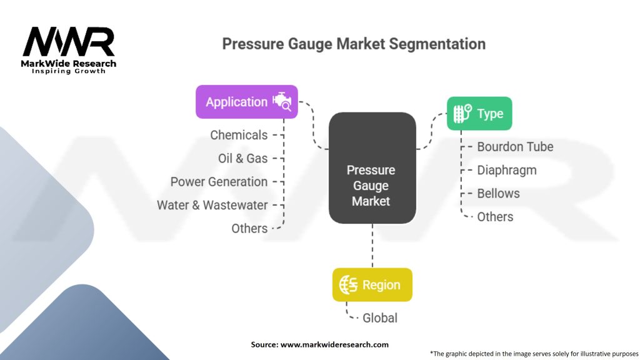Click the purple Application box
point(246,102)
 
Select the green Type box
point(479,114)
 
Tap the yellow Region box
point(372,285)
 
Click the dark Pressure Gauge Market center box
point(372,167)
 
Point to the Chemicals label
point(239,135)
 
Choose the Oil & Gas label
point(243,158)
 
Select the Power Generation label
point(219,182)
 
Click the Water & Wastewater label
point(212,205)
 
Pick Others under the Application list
point(249,229)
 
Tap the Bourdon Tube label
point(515,147)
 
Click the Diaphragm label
point(506,170)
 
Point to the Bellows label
point(498,194)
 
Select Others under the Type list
point(495,217)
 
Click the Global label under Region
point(379,318)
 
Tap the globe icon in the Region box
point(348,284)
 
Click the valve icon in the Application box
point(282,102)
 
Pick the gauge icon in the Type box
point(463,114)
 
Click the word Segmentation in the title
point(437,44)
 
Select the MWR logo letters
point(69,42)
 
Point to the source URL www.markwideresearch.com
point(334,344)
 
